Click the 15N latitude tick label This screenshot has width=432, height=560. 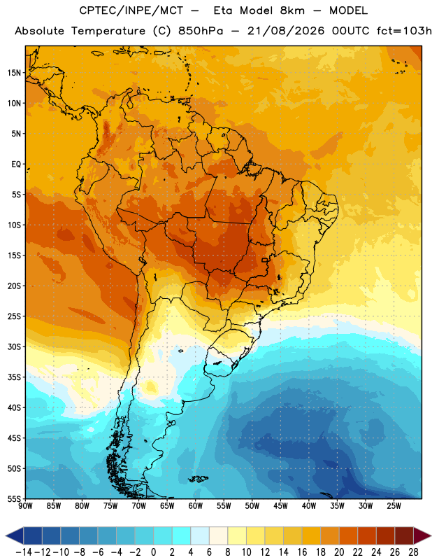click(x=15, y=73)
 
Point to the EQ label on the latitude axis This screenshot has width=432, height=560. click(x=16, y=164)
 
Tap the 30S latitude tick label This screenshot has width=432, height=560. click(x=15, y=346)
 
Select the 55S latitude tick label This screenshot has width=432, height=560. click(x=15, y=498)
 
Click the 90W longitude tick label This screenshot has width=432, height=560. click(x=25, y=506)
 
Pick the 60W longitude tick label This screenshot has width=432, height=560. click(x=196, y=506)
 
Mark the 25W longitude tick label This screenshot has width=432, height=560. click(x=394, y=506)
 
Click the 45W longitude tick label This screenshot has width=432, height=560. click(x=280, y=506)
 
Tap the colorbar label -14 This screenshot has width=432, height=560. click(x=24, y=552)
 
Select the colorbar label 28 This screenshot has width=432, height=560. click(x=413, y=552)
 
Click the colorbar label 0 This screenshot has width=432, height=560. click(x=154, y=552)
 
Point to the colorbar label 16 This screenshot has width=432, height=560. click(x=302, y=552)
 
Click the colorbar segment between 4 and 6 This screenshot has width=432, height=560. click(x=200, y=536)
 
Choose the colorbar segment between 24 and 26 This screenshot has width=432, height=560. click(x=386, y=536)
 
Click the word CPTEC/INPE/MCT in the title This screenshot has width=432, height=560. click(x=131, y=10)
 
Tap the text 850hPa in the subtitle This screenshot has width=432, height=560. click(x=201, y=31)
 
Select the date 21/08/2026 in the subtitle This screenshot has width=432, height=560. click(x=286, y=31)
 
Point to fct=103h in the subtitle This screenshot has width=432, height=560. click(x=404, y=31)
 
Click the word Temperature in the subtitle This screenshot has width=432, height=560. click(x=108, y=31)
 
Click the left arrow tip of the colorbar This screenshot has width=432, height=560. click(x=6, y=536)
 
